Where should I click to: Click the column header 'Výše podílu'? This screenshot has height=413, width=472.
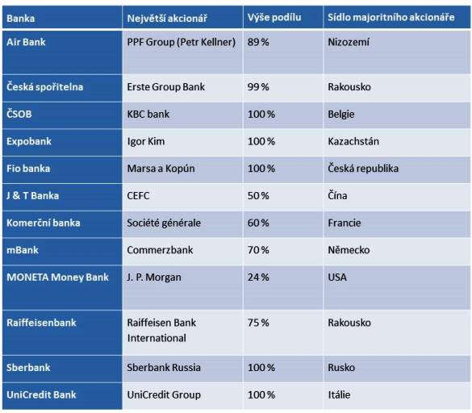pyautogui.click(x=274, y=17)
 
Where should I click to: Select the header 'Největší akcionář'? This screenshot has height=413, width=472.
pyautogui.click(x=167, y=19)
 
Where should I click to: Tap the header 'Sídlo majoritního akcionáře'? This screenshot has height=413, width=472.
pyautogui.click(x=391, y=17)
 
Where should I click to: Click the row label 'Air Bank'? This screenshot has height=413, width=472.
pyautogui.click(x=26, y=42)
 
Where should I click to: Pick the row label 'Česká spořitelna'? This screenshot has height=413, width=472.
pyautogui.click(x=45, y=86)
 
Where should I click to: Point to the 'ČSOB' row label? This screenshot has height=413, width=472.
pyautogui.click(x=19, y=114)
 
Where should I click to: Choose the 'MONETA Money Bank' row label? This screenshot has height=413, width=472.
pyautogui.click(x=57, y=277)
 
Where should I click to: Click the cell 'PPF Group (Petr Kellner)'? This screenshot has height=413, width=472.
pyautogui.click(x=182, y=42)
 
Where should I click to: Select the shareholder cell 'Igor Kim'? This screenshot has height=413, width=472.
pyautogui.click(x=146, y=141)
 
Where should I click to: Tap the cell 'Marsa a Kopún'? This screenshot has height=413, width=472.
pyautogui.click(x=161, y=169)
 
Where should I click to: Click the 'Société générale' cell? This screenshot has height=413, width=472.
pyautogui.click(x=164, y=223)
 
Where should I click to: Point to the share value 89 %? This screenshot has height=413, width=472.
pyautogui.click(x=258, y=42)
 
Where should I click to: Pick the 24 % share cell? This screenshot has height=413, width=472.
pyautogui.click(x=258, y=277)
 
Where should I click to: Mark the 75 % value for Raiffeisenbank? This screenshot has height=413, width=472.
pyautogui.click(x=258, y=323)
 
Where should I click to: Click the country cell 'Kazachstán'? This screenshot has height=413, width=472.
pyautogui.click(x=353, y=141)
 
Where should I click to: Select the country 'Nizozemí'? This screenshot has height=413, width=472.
pyautogui.click(x=349, y=42)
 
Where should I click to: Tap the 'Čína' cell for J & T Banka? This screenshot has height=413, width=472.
pyautogui.click(x=337, y=195)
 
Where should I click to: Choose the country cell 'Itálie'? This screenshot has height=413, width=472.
pyautogui.click(x=339, y=394)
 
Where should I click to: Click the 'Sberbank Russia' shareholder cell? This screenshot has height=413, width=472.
pyautogui.click(x=164, y=367)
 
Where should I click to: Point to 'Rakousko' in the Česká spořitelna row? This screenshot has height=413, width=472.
pyautogui.click(x=349, y=86)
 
